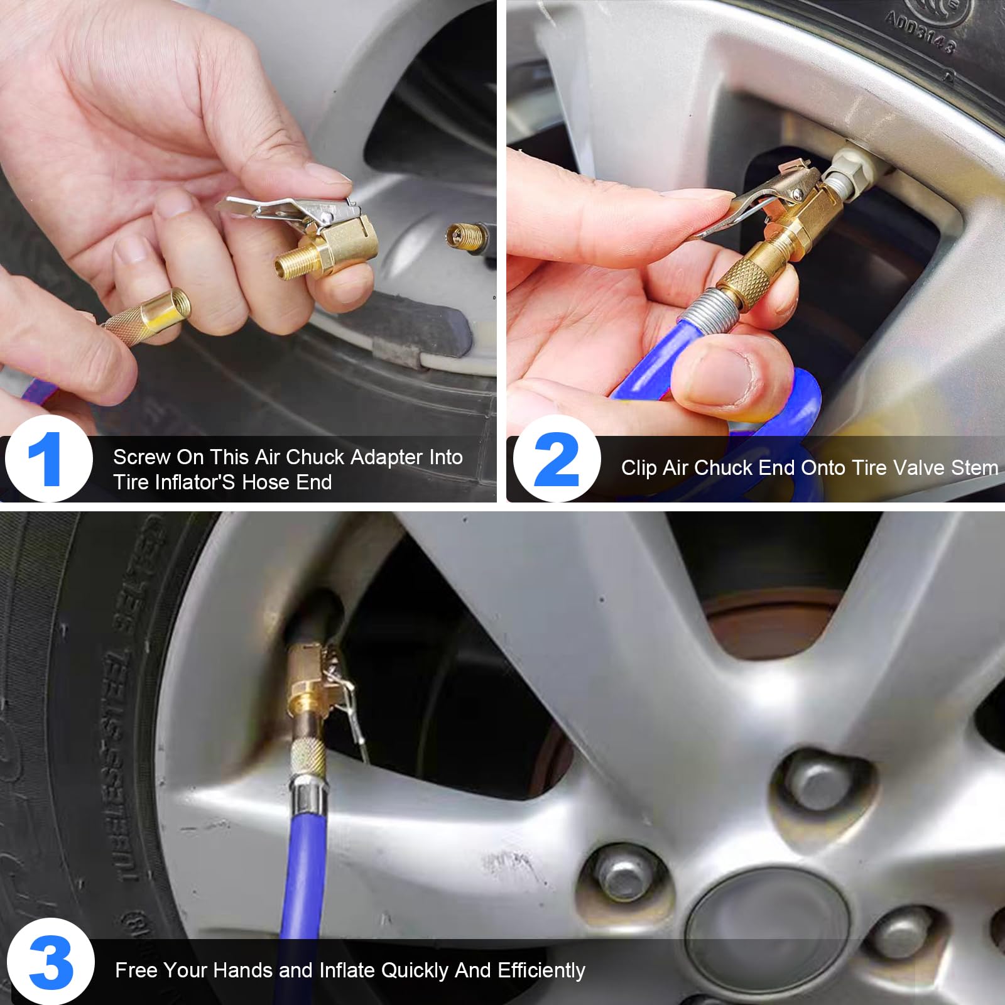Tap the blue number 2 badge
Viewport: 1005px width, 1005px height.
(x=556, y=459)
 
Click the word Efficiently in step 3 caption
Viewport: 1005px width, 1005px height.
(x=541, y=970)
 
